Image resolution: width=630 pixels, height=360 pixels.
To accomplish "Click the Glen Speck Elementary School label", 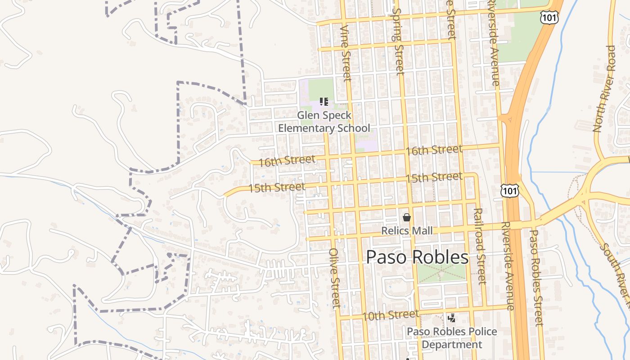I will point(324,122).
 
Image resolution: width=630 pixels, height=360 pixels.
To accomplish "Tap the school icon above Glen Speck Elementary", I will point(324,102).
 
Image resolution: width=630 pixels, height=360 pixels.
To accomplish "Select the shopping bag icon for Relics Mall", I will point(407,218).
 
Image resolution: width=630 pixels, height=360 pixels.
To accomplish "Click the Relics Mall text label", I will point(407,231).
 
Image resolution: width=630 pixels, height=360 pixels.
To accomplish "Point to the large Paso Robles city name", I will point(417,257).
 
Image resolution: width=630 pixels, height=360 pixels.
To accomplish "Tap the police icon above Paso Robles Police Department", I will point(451,319).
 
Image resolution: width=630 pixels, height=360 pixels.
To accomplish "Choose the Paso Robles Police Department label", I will point(452,338).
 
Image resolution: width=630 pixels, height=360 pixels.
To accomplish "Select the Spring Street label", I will point(398,40).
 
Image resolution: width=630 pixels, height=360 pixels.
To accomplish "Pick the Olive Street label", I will point(335,278).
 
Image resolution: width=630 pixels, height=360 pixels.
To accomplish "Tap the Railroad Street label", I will point(480,246).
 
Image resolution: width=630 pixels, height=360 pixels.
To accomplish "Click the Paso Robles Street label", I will point(537,277).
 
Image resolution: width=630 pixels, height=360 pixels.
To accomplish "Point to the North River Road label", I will point(604,89).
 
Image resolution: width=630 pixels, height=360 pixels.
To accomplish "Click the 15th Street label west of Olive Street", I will point(276,187).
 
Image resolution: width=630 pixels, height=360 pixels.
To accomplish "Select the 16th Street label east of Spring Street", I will point(434,150).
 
